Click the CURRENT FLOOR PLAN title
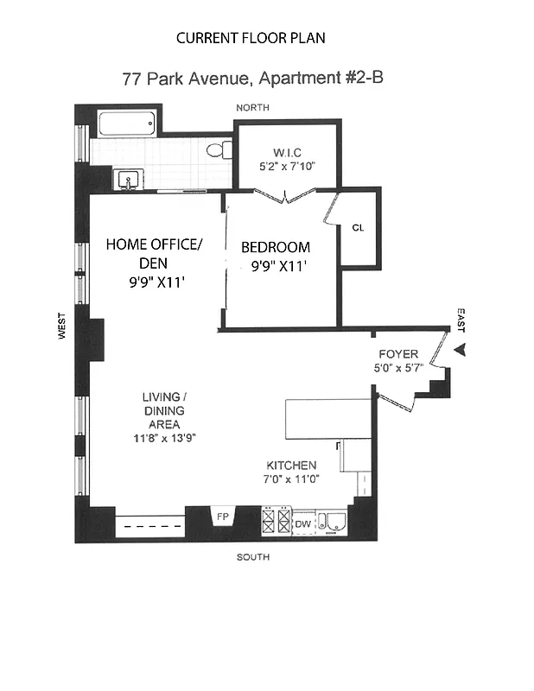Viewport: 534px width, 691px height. click(251, 38)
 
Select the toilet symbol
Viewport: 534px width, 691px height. click(219, 150)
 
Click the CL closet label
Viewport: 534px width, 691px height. click(358, 228)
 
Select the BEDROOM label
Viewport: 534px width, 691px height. click(275, 247)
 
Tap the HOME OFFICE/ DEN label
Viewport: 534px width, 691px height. click(153, 254)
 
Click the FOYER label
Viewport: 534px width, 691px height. click(398, 354)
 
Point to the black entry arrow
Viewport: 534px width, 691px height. click(461, 350)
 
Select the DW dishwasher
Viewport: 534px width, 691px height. click(302, 523)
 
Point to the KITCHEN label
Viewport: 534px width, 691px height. click(290, 465)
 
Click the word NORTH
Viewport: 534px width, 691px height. click(252, 107)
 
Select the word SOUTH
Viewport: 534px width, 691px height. click(252, 557)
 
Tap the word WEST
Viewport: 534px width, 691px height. click(61, 332)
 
